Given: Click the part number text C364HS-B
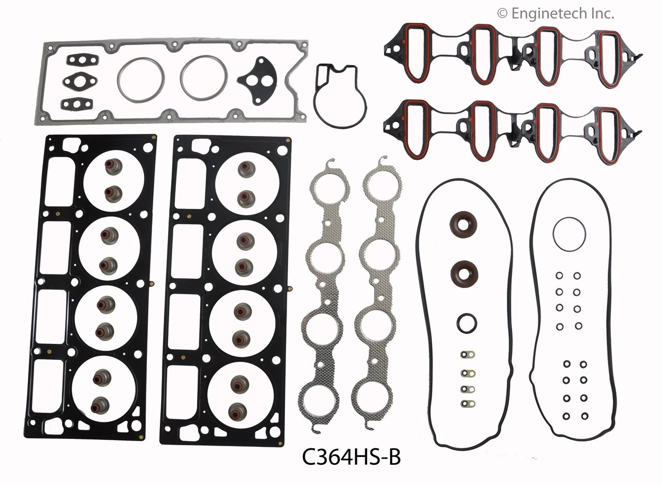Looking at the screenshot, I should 351,458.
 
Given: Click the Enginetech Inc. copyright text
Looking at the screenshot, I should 555,13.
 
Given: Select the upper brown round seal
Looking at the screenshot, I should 463,223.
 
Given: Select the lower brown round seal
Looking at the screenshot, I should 464,273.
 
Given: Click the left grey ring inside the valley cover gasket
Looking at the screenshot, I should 141,80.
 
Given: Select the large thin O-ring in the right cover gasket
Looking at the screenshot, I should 569,233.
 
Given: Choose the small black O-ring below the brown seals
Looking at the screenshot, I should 467,323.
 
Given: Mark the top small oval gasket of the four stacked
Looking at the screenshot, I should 467,355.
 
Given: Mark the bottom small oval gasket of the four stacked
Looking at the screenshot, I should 467,403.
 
